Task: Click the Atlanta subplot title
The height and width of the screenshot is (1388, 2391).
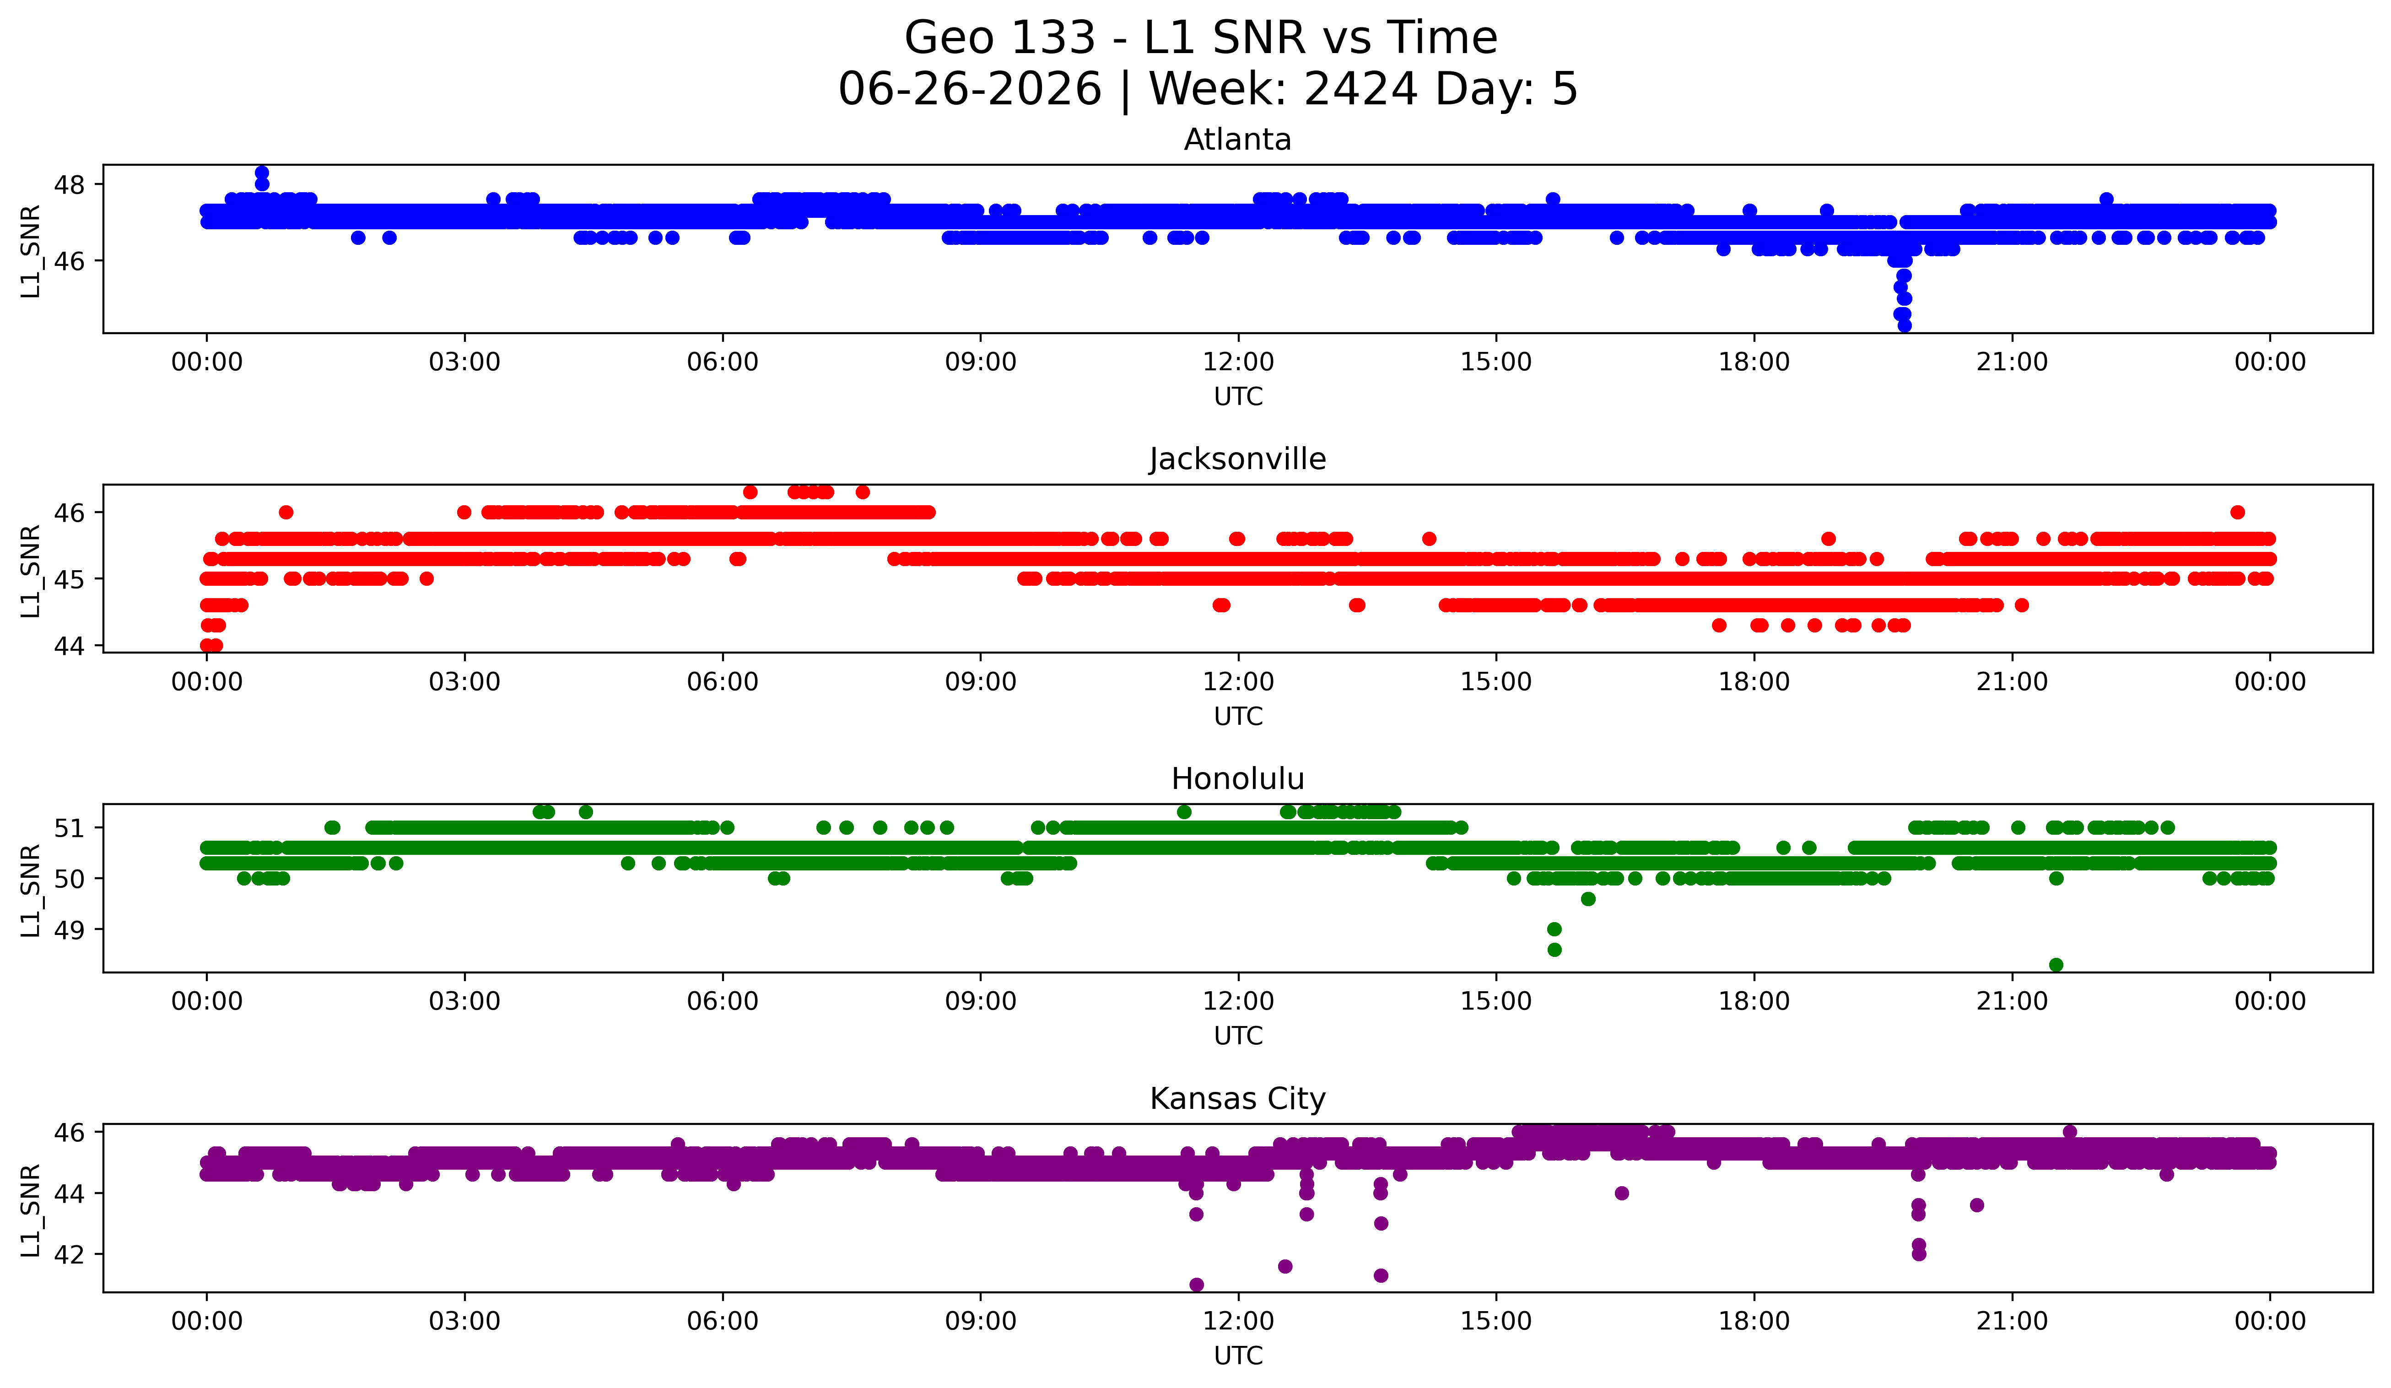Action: pyautogui.click(x=1237, y=140)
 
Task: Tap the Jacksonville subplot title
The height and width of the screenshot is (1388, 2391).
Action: pyautogui.click(x=1237, y=459)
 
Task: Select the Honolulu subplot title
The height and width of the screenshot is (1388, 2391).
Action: pyautogui.click(x=1237, y=779)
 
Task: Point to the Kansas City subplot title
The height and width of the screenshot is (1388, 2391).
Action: pyautogui.click(x=1237, y=1099)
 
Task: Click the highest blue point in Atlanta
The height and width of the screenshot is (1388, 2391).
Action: pyautogui.click(x=262, y=173)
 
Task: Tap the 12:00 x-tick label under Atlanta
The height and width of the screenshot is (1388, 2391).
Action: pyautogui.click(x=1238, y=362)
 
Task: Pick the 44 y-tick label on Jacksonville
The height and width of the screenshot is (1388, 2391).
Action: pyautogui.click(x=69, y=646)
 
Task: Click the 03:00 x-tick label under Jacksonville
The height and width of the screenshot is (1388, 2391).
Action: pyautogui.click(x=465, y=682)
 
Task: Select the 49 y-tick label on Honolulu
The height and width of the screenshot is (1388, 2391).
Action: pyautogui.click(x=69, y=930)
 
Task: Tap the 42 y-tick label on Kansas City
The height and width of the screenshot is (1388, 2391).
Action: pyautogui.click(x=69, y=1254)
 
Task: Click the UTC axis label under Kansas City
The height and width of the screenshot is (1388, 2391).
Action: pyautogui.click(x=1238, y=1356)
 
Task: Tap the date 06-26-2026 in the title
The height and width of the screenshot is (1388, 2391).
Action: pyautogui.click(x=970, y=89)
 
